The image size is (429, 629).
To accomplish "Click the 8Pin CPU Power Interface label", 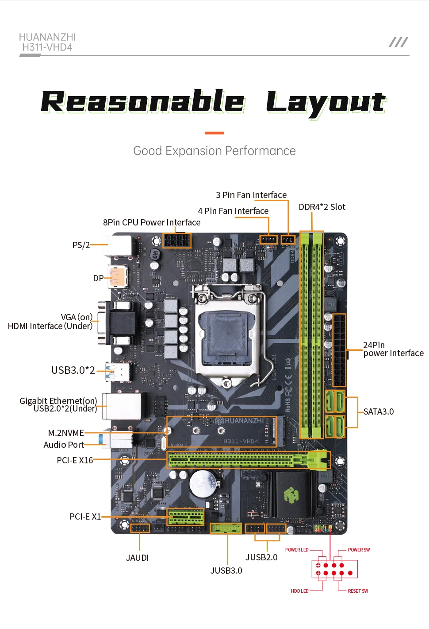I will click(x=152, y=222).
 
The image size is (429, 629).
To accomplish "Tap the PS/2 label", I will click(x=81, y=245).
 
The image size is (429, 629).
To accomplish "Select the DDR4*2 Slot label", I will click(x=322, y=207).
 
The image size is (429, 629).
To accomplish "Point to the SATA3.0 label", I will click(x=379, y=412).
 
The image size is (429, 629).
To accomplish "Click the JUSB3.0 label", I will click(x=226, y=571).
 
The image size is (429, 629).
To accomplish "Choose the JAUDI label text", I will click(x=138, y=558).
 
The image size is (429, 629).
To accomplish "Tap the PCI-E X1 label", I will click(x=85, y=516).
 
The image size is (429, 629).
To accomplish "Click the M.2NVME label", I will click(x=66, y=433).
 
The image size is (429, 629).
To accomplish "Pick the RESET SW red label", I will click(x=358, y=591).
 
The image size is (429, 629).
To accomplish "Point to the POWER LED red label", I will click(x=297, y=550).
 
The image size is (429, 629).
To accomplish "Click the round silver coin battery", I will click(x=203, y=483).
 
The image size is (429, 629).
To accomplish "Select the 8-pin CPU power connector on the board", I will click(x=177, y=241).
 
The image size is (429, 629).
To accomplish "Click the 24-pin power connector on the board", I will click(x=340, y=350).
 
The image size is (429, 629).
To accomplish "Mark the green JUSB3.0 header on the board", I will click(x=226, y=528).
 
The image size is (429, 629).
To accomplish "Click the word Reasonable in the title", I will click(x=142, y=102).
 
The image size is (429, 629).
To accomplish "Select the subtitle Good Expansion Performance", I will click(x=214, y=151).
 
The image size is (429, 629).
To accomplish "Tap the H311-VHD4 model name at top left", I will click(x=47, y=47).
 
